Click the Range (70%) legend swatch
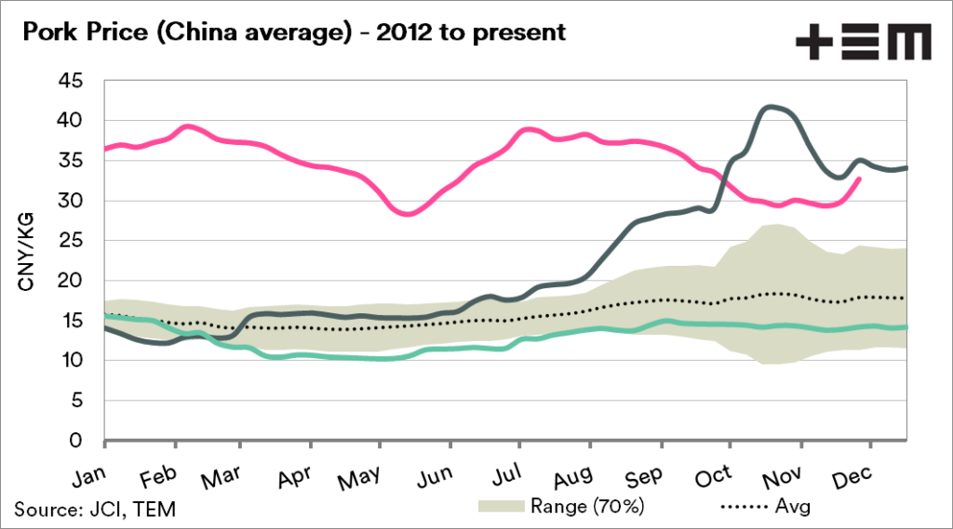pyautogui.click(x=502, y=507)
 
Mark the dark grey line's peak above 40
pyautogui.click(x=769, y=107)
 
